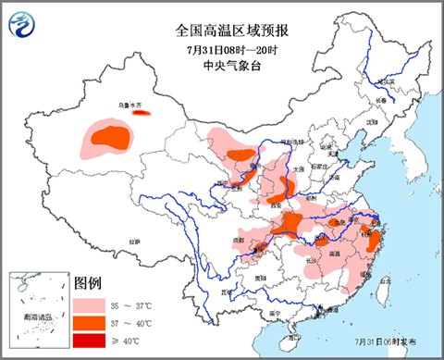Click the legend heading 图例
click(x=88, y=282)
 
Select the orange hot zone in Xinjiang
click(x=112, y=138)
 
